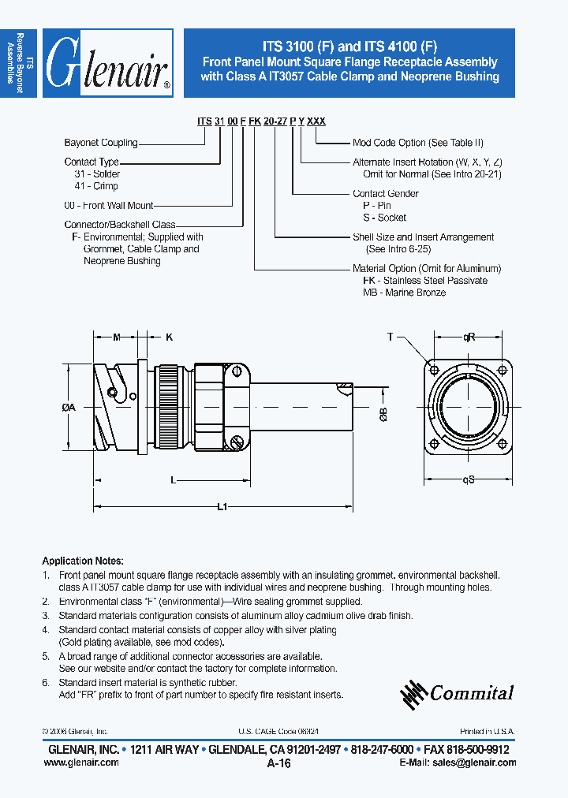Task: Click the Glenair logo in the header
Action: (x=107, y=64)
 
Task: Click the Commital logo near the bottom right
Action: (x=457, y=692)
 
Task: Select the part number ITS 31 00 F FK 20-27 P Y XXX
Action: (x=261, y=121)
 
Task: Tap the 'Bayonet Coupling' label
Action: (x=101, y=143)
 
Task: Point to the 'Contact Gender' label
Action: (x=385, y=193)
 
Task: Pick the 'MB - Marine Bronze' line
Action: (x=404, y=293)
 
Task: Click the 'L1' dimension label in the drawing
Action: (x=222, y=507)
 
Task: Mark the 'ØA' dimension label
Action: (x=68, y=408)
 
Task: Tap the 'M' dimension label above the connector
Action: (x=116, y=337)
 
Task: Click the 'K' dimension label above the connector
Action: (x=169, y=337)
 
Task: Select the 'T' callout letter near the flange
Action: (x=390, y=337)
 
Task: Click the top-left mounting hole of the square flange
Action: (x=433, y=369)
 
